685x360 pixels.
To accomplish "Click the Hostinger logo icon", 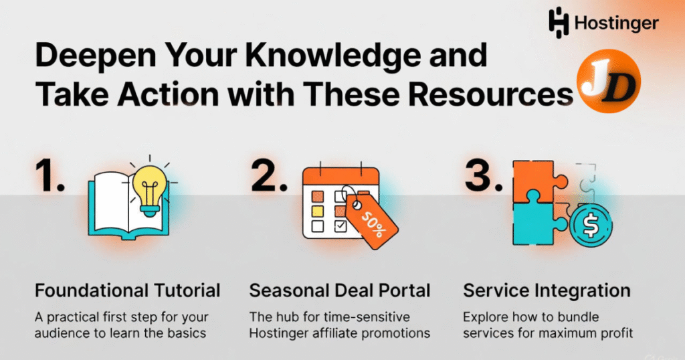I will (559, 21).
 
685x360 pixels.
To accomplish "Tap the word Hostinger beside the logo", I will (615, 23).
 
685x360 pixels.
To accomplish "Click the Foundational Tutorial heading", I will (127, 290).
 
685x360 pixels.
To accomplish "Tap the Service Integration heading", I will (547, 290).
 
